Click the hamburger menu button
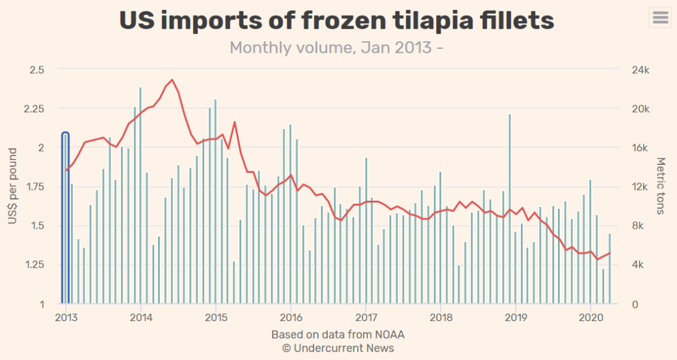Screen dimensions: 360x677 (660, 17)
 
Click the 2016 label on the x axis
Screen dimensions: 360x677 (290, 317)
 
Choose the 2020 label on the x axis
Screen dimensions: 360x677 (590, 317)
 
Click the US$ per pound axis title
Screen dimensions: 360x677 (13, 186)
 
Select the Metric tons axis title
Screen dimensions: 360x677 (660, 186)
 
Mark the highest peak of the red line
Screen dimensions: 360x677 (172, 80)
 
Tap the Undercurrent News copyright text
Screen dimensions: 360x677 (338, 348)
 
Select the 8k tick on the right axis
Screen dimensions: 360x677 (638, 226)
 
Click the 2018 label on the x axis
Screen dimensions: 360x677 (440, 317)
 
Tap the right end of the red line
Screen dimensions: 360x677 (609, 253)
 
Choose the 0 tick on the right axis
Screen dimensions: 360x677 (634, 304)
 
